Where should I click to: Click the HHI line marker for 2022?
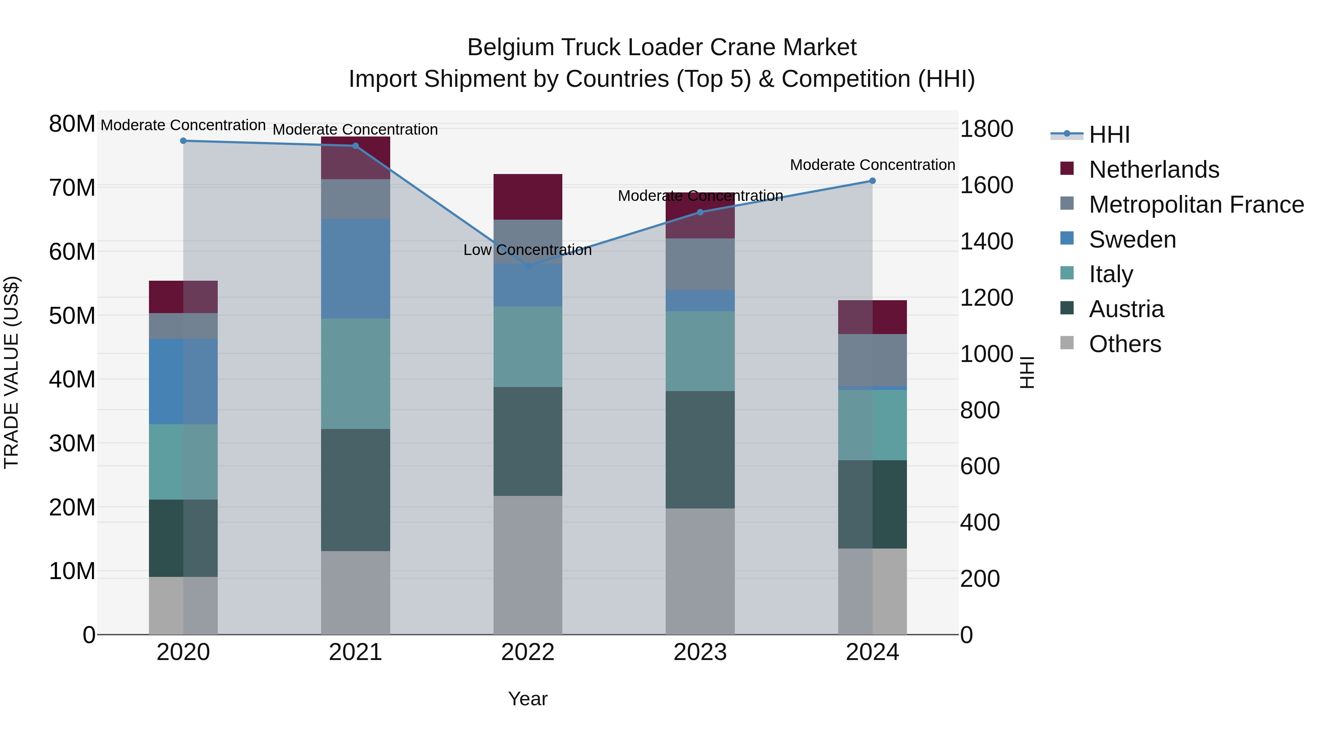click(528, 266)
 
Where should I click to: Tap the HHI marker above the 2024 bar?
click(872, 181)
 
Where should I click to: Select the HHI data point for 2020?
click(183, 141)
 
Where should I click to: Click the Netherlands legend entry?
click(1154, 170)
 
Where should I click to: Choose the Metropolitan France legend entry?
click(1196, 205)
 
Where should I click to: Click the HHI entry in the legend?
click(1109, 135)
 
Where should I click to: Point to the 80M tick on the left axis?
click(72, 124)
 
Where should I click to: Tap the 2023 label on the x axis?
click(700, 652)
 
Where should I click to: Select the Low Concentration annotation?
click(527, 250)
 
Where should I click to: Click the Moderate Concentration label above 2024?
click(872, 165)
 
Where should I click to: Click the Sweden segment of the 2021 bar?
click(356, 269)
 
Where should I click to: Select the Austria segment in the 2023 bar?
click(700, 450)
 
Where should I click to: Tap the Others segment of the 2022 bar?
click(528, 565)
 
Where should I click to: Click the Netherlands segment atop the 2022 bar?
click(528, 197)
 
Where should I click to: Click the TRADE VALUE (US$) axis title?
click(11, 372)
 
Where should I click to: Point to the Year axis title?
click(528, 699)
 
